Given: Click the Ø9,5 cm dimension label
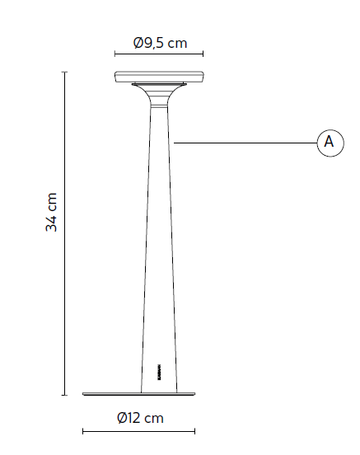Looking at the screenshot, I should pos(159,43).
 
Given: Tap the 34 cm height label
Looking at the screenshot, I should pos(52,213).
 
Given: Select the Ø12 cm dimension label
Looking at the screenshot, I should pos(140,418).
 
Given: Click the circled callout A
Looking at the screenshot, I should pos(329,142).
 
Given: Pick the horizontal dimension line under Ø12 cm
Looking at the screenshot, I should pos(138,430).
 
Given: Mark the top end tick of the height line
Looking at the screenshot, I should pos(64,72).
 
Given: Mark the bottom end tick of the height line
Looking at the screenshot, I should pos(64,396).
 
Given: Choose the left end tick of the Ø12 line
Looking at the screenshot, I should pos(82,430).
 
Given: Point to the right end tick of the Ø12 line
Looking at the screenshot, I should pos(194,430).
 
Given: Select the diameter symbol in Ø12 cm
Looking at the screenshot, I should pos(123,418).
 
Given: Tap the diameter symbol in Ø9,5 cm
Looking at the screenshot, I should pos(138,43).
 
